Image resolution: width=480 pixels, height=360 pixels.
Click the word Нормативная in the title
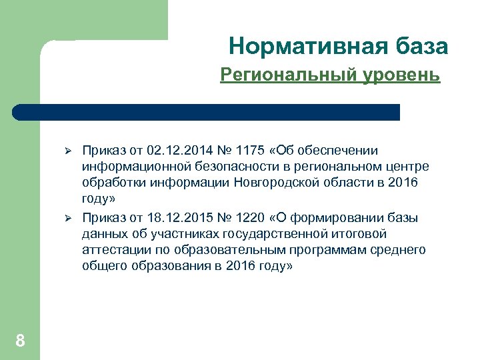304,46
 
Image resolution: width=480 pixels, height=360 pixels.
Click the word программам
332,250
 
